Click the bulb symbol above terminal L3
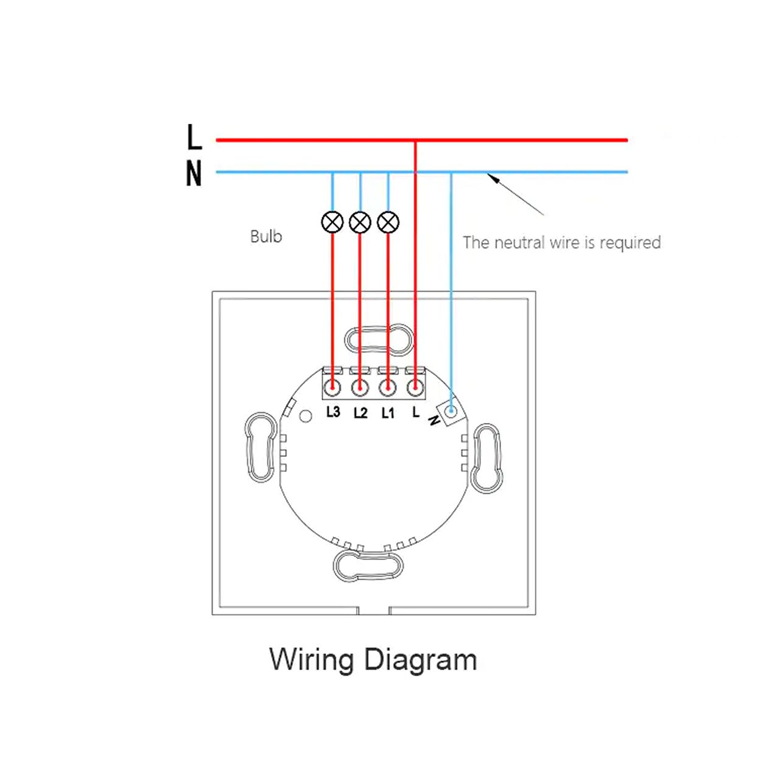(332, 222)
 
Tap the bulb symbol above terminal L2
(360, 222)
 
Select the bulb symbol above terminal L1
(388, 222)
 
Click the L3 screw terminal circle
(332, 387)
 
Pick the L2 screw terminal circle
(360, 387)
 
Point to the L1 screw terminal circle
(388, 387)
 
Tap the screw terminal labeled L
(415, 387)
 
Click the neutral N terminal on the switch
(451, 412)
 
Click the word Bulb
(266, 236)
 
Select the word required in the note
(630, 243)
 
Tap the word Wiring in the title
(311, 660)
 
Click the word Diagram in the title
(420, 660)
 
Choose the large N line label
(194, 174)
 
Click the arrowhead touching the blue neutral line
(492, 178)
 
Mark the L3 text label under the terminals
(333, 412)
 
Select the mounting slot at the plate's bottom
(368, 566)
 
